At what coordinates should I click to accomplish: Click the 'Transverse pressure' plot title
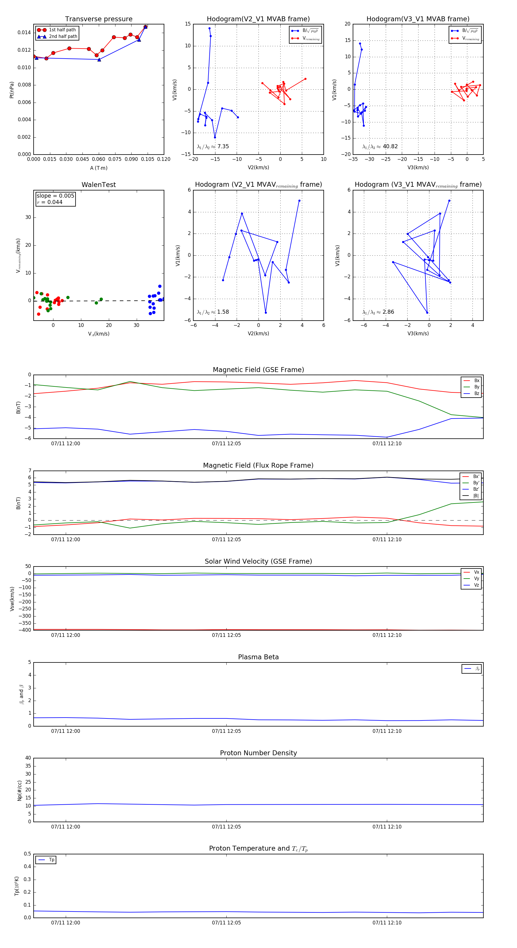[99, 19]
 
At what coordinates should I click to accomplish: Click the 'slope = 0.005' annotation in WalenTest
[55, 196]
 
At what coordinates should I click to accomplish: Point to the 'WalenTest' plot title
[99, 185]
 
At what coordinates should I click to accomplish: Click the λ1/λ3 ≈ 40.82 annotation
[380, 147]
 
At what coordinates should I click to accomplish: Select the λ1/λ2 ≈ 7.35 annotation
[213, 147]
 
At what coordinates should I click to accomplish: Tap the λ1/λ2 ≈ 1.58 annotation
[213, 312]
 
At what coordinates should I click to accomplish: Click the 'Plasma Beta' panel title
[258, 657]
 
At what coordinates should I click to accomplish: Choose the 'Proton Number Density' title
[258, 753]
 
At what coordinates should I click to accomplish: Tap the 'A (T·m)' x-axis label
[99, 168]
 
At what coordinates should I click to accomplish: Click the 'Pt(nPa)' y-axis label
[12, 90]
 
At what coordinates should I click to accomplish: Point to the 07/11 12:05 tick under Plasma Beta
[226, 731]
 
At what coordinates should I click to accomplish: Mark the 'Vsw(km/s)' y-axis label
[12, 599]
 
